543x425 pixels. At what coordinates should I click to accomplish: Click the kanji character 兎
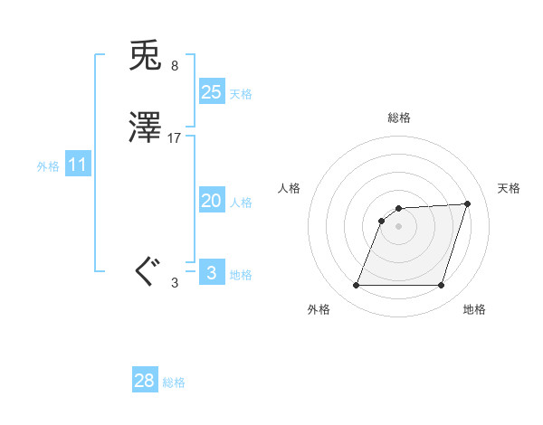click(146, 56)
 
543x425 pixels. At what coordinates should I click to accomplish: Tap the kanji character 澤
click(146, 129)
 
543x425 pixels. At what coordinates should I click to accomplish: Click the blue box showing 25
click(212, 91)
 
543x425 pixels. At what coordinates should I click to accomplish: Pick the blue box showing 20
click(212, 201)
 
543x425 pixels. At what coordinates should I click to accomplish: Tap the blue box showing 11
click(78, 165)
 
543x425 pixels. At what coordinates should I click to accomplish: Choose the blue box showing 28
click(145, 381)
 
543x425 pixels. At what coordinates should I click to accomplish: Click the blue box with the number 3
click(212, 272)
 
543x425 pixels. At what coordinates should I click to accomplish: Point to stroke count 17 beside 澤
click(175, 138)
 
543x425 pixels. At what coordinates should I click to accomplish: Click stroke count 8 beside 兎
click(174, 65)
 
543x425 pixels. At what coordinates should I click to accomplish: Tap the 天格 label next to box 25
click(241, 94)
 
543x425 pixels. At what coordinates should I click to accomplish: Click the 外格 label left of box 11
click(48, 167)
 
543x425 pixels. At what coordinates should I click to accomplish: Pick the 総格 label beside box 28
click(174, 383)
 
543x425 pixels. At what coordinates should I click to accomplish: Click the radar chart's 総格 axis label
click(398, 118)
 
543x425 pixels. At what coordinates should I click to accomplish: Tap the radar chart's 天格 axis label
click(509, 188)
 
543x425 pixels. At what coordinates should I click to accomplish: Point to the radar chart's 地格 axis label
click(474, 310)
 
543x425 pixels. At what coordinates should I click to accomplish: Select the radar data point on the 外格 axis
click(356, 286)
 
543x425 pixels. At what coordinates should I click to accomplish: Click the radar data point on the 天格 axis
click(468, 204)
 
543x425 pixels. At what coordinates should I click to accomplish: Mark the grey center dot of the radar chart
click(398, 226)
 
